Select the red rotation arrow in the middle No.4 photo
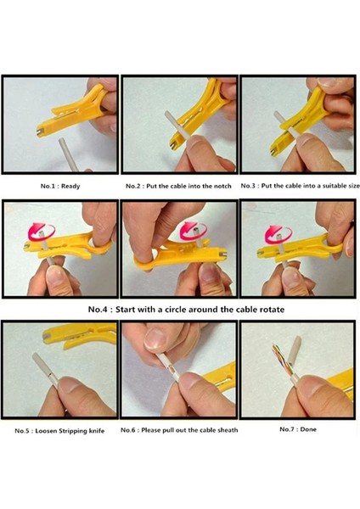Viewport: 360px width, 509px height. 189,230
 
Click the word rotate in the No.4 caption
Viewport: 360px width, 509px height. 268,310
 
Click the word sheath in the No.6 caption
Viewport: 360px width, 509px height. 226,430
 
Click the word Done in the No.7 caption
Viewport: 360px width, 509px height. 307,429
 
